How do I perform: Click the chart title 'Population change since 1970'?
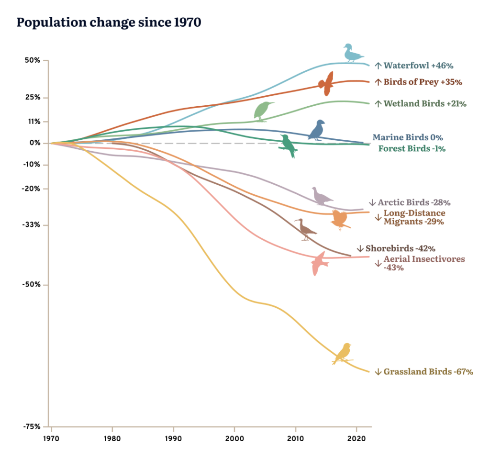(109, 22)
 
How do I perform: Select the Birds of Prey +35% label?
(423, 82)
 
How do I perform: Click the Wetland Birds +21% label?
(425, 103)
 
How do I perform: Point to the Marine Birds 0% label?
(408, 137)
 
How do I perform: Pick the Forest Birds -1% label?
(412, 148)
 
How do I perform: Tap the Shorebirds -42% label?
(400, 249)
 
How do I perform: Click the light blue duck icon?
(353, 53)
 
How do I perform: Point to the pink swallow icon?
(319, 264)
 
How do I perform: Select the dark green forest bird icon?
(288, 145)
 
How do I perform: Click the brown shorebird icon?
(305, 229)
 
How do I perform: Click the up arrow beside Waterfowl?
(378, 65)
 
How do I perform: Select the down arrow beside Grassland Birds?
(378, 372)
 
